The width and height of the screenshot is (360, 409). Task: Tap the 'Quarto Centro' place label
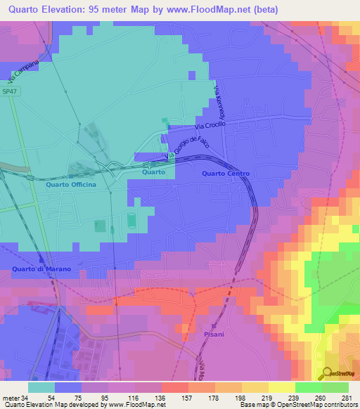click(x=225, y=174)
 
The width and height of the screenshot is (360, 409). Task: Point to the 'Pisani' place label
click(x=213, y=335)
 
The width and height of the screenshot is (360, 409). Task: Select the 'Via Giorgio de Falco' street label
click(x=181, y=145)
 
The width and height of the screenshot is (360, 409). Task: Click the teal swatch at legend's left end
click(x=41, y=387)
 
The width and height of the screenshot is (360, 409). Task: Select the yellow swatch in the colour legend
click(x=282, y=387)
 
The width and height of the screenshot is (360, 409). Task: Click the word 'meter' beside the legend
click(x=8, y=397)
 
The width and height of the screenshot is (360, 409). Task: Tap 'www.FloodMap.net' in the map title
click(x=213, y=10)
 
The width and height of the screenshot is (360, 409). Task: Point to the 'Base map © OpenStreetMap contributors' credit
click(x=297, y=405)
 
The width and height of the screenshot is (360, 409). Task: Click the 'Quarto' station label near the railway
click(x=153, y=171)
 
